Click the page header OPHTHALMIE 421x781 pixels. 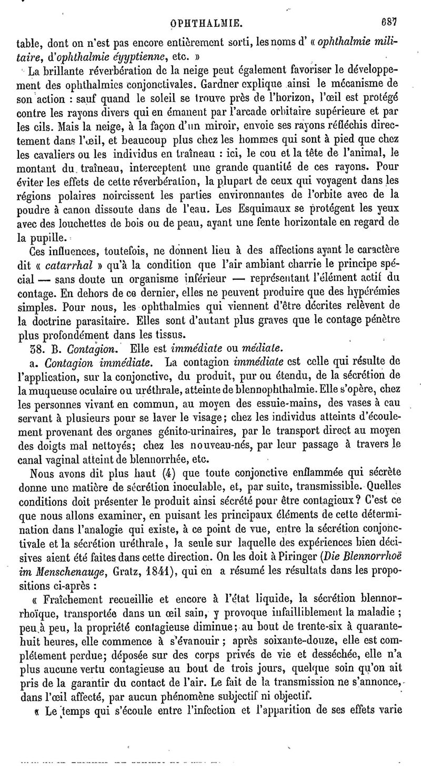click(x=210, y=23)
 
